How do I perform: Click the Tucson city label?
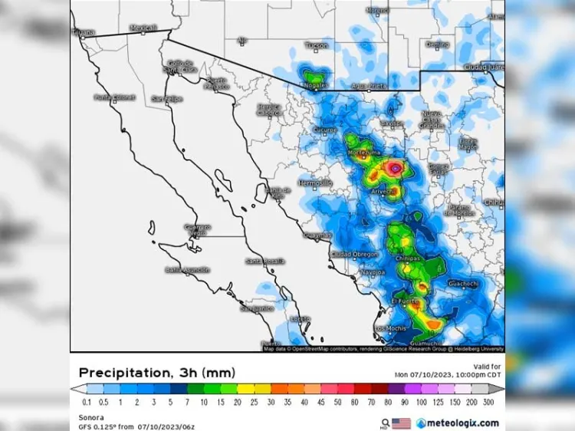click(x=317, y=46)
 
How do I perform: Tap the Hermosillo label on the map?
click(x=314, y=183)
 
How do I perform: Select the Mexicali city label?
click(x=143, y=28)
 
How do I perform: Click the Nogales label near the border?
click(x=315, y=85)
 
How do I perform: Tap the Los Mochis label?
click(x=390, y=328)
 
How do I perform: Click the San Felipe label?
click(x=166, y=98)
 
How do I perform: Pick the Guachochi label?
click(x=462, y=283)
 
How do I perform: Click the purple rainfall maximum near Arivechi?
click(x=395, y=166)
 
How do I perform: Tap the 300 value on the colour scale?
click(x=489, y=402)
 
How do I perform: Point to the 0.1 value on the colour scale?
click(x=87, y=402)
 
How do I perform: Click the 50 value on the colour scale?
click(x=338, y=402)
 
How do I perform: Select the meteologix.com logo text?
click(x=458, y=423)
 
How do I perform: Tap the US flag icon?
click(x=401, y=423)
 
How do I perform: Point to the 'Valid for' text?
click(x=487, y=367)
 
